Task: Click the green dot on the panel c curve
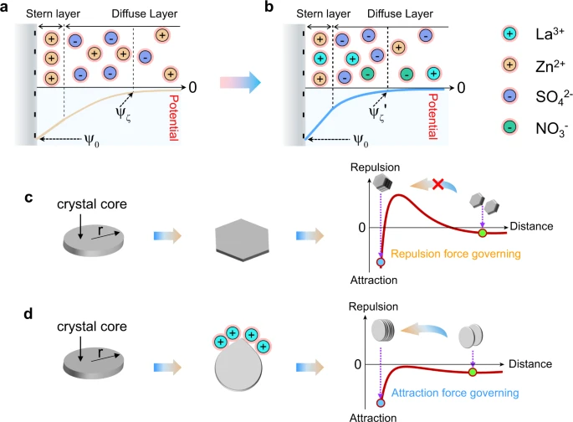coord(482,232)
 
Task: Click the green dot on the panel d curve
coord(473,372)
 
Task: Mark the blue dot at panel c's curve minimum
coord(381,262)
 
